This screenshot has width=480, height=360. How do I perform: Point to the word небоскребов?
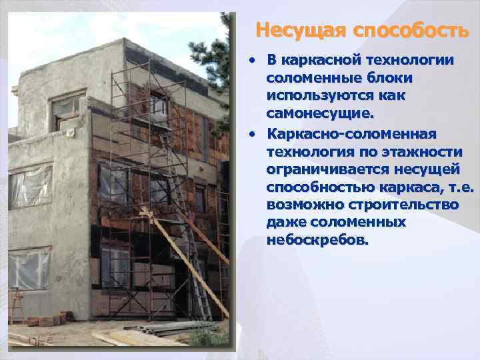(x=316, y=239)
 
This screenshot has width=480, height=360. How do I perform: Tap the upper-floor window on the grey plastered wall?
(x=67, y=108)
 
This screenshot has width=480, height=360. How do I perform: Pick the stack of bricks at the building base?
(x=50, y=321)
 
